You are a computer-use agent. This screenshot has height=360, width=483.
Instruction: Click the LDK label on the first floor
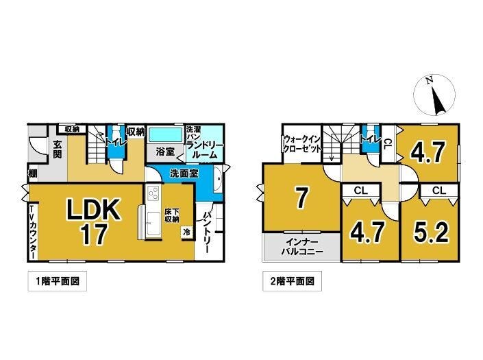(93, 210)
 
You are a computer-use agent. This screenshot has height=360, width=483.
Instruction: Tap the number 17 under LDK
(94, 235)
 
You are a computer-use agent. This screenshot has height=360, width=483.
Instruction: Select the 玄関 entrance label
(58, 149)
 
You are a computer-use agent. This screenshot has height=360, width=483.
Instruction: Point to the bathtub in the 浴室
(165, 135)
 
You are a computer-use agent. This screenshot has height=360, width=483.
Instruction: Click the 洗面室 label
(184, 174)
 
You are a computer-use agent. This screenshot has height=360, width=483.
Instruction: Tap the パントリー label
(206, 232)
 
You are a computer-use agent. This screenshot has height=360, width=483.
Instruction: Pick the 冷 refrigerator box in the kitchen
(186, 232)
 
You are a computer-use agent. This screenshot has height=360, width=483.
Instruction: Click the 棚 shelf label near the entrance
(33, 173)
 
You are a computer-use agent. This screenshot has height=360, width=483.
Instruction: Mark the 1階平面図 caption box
(58, 281)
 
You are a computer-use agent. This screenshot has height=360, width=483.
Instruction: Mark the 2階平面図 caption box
(292, 281)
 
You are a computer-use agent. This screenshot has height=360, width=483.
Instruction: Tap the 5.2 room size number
(431, 233)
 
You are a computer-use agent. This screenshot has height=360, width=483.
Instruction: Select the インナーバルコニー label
(301, 246)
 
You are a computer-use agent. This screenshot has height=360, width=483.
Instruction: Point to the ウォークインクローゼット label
(302, 144)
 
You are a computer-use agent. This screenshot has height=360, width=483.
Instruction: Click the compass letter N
(429, 80)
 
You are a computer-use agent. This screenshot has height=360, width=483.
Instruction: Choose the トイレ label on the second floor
(371, 139)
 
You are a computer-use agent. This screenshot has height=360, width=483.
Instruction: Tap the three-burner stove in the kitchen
(153, 193)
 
